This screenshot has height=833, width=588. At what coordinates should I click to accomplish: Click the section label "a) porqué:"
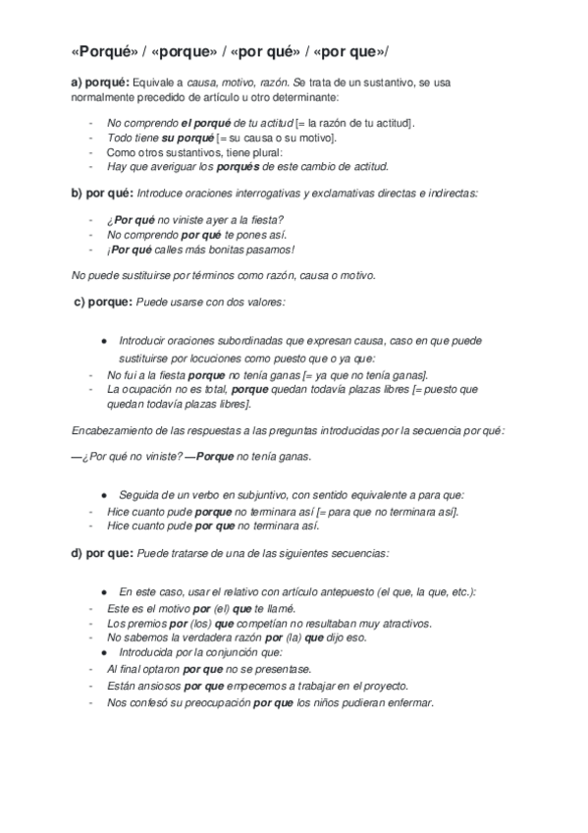click(x=99, y=83)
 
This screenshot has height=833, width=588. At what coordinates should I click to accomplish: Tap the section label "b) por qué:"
click(x=102, y=194)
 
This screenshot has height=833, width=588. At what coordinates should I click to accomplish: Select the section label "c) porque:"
click(x=104, y=303)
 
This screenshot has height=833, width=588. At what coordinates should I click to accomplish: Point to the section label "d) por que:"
click(x=102, y=553)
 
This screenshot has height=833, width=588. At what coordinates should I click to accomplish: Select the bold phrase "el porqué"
click(x=205, y=123)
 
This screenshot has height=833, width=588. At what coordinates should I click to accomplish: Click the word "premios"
click(x=146, y=623)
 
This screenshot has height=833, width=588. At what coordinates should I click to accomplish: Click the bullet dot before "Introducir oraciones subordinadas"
click(x=103, y=341)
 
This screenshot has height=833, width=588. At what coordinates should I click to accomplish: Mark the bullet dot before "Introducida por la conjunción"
click(x=103, y=651)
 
